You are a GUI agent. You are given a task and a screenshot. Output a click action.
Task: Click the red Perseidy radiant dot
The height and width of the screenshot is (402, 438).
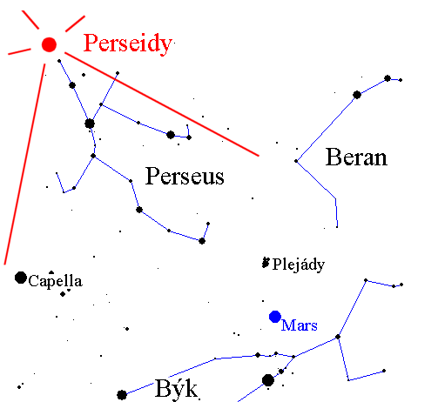point(49,44)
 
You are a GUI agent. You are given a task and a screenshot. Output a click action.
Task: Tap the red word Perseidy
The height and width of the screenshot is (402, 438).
point(128,44)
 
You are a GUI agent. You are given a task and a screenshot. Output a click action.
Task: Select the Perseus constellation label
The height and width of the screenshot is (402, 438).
point(185,176)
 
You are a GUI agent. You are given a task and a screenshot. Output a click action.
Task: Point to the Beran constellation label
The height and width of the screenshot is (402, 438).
point(356,157)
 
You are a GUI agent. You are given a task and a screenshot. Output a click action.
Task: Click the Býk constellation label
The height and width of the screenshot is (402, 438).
point(176,389)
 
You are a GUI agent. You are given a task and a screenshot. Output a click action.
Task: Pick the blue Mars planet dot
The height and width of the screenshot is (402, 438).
point(275,317)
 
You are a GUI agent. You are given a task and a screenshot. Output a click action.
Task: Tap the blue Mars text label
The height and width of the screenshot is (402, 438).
point(300,325)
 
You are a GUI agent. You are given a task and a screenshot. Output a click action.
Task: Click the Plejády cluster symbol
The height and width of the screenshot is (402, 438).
point(266,263)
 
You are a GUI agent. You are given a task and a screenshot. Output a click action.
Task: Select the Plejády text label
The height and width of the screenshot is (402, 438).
point(299,265)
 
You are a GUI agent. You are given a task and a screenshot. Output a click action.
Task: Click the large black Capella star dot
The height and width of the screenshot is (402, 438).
point(21,278)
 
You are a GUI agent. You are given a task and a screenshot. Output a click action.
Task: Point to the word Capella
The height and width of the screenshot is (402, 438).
point(55,281)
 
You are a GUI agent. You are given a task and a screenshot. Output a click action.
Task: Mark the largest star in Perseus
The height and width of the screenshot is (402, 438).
point(90,124)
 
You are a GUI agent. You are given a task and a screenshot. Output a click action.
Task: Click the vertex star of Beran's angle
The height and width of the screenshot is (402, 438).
point(296,161)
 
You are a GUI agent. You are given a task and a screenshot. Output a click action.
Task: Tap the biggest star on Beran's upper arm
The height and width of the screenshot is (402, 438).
point(357,95)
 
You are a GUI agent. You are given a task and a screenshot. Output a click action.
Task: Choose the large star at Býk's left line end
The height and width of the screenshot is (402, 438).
point(122,395)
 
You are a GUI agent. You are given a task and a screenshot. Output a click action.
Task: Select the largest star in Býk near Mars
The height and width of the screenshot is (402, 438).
point(268,380)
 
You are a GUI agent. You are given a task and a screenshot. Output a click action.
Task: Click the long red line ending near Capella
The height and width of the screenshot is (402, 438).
point(24,164)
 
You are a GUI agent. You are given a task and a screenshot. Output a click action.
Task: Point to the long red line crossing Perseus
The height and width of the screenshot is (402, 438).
point(162,104)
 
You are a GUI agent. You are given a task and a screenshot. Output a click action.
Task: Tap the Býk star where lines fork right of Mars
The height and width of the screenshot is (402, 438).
point(338,337)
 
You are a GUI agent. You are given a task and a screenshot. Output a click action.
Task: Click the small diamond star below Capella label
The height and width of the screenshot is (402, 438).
point(63,294)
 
